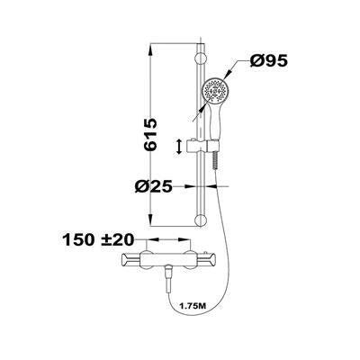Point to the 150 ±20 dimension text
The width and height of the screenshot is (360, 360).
[99, 240]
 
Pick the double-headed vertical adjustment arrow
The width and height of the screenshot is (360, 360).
[183, 145]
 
